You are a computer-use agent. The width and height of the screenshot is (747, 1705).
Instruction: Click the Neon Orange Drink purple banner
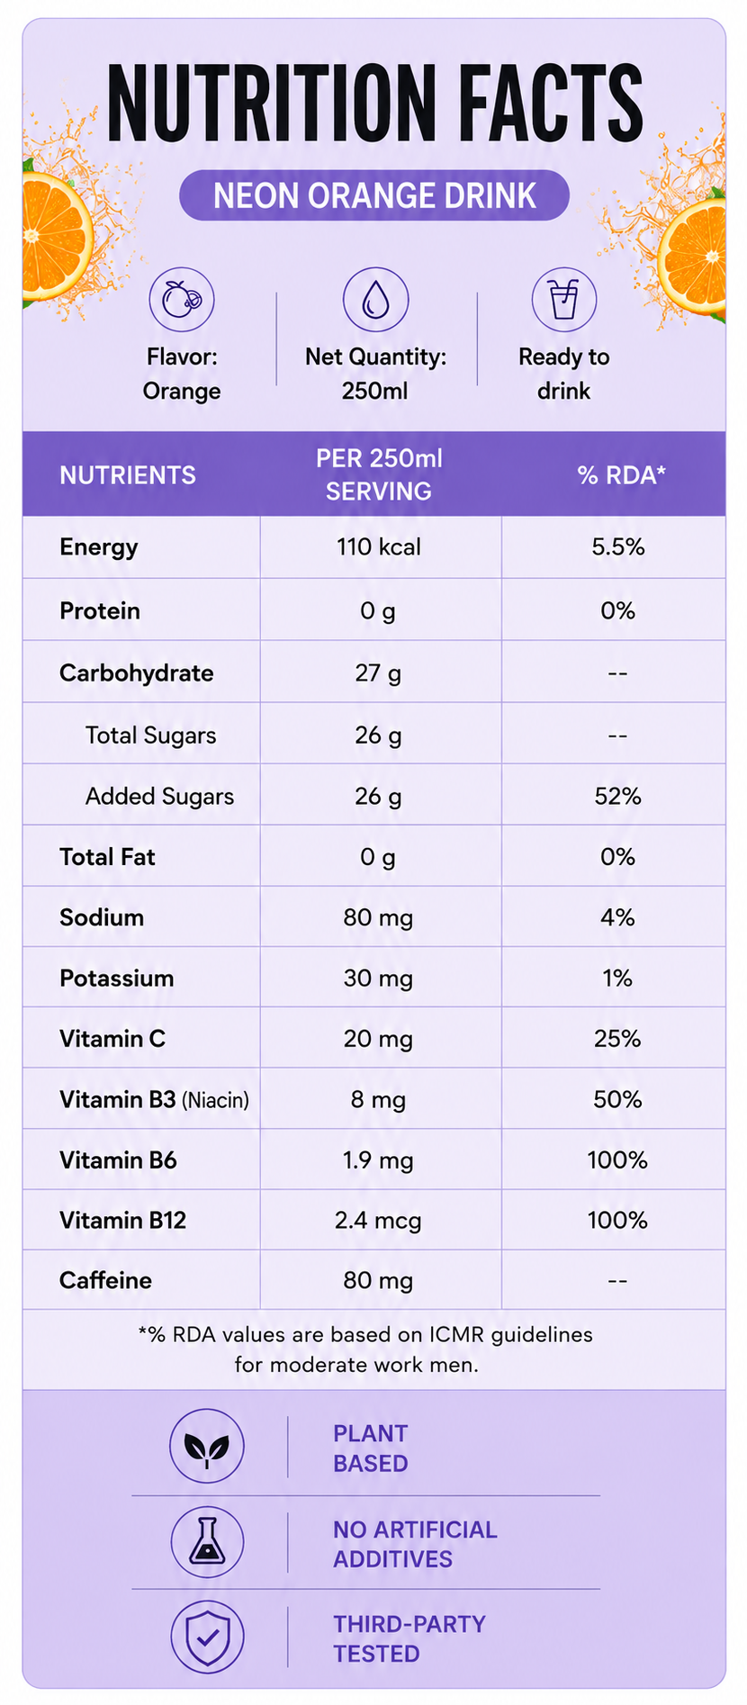tap(374, 195)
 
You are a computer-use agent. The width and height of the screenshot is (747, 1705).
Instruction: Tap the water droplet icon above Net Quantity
tap(375, 300)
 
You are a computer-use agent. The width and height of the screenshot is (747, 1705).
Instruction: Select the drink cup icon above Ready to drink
tap(564, 300)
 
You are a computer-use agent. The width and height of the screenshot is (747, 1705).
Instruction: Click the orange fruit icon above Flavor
tap(182, 300)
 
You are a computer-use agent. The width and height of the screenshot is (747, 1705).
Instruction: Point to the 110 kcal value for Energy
tap(379, 547)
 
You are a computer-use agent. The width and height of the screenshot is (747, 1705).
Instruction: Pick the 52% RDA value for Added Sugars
tap(617, 797)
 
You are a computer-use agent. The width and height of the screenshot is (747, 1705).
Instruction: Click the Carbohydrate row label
tap(137, 673)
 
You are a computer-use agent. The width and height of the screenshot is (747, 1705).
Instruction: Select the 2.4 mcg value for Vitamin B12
tap(378, 1221)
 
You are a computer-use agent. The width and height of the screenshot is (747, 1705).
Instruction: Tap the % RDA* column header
tap(621, 475)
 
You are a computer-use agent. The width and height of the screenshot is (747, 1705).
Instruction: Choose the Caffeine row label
tap(105, 1280)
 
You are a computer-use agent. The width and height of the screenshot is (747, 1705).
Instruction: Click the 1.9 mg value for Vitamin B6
tap(378, 1160)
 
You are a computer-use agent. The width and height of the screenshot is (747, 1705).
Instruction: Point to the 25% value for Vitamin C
tap(617, 1039)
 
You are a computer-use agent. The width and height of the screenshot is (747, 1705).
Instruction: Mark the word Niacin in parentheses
tap(216, 1100)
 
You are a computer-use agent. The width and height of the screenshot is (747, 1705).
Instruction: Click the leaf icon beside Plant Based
tap(207, 1446)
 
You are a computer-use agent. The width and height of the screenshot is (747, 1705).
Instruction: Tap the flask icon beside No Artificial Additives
tap(207, 1542)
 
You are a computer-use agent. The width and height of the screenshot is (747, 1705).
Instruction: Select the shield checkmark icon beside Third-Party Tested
tap(207, 1637)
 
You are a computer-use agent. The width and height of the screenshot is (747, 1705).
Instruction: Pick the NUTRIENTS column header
tap(128, 475)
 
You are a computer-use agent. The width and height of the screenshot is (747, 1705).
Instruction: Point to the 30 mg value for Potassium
tap(378, 979)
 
